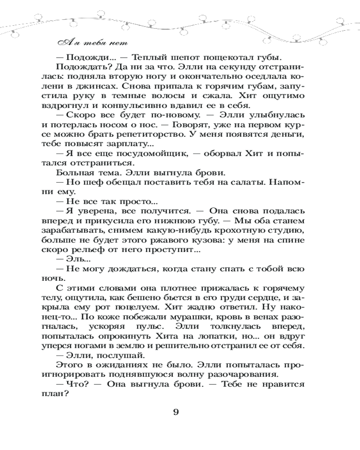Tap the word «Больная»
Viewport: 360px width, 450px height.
[75, 173]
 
